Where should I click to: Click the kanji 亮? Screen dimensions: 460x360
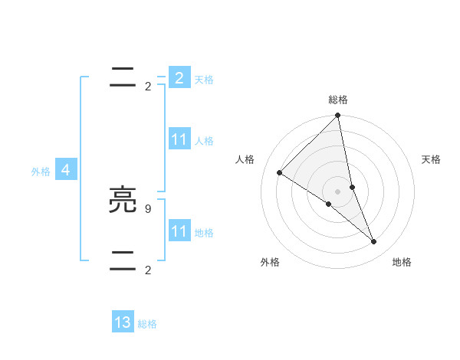pyautogui.click(x=123, y=201)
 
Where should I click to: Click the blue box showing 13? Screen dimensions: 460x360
pyautogui.click(x=123, y=322)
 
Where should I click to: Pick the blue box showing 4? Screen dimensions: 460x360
pyautogui.click(x=66, y=170)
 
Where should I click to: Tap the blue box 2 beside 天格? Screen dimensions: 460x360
pyautogui.click(x=179, y=78)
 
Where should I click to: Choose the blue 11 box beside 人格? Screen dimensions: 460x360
pyautogui.click(x=179, y=139)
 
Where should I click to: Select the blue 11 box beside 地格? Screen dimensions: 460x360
pyautogui.click(x=179, y=231)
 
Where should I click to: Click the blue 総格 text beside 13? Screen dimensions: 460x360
pyautogui.click(x=148, y=324)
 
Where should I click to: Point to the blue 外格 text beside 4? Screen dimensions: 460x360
pyautogui.click(x=41, y=172)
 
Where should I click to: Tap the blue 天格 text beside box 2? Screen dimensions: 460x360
pyautogui.click(x=204, y=80)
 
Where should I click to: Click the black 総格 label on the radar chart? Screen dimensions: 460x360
pyautogui.click(x=338, y=100)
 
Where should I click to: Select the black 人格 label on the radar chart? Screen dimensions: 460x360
pyautogui.click(x=245, y=159)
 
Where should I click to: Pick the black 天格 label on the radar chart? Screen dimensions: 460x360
pyautogui.click(x=431, y=159)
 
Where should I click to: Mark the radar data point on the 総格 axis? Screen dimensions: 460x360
pyautogui.click(x=338, y=116)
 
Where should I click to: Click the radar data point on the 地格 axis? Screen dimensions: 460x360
pyautogui.click(x=374, y=241)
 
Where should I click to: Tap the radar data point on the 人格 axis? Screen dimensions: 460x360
pyautogui.click(x=279, y=172)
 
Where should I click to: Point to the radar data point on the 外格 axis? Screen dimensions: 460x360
pyautogui.click(x=328, y=205)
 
